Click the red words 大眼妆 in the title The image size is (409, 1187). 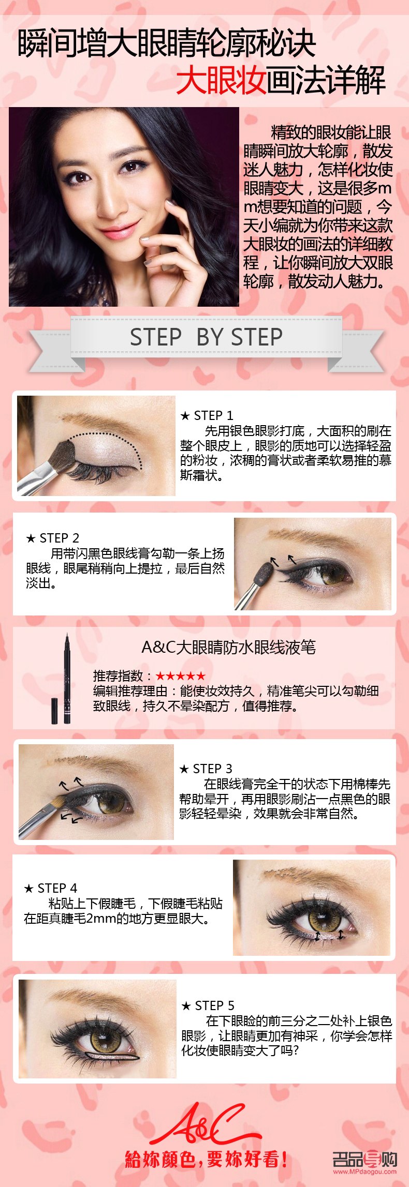[x=221, y=81]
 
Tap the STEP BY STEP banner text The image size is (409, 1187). [x=206, y=337]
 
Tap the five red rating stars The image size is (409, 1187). [x=181, y=676]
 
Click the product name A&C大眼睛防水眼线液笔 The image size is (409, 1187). [x=228, y=647]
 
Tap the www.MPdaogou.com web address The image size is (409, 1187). [x=364, y=1172]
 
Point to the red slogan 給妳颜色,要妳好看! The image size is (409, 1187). [x=206, y=1159]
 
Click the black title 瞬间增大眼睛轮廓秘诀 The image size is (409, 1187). [x=167, y=43]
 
